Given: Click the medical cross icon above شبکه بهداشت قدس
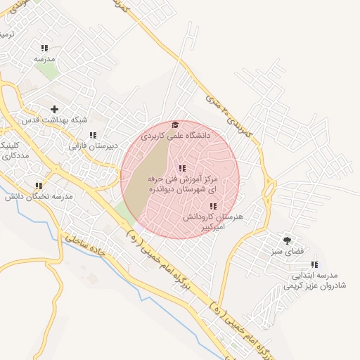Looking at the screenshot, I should (x=54, y=108).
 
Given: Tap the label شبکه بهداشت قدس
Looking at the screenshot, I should (x=55, y=120).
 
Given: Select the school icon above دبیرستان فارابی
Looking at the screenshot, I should (x=93, y=135).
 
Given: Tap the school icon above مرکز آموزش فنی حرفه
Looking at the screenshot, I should (x=182, y=168).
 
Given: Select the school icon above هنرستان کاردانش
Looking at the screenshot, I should (x=212, y=206).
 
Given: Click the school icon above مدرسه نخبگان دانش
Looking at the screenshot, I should (x=39, y=186).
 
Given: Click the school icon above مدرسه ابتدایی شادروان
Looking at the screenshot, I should (x=314, y=265).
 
